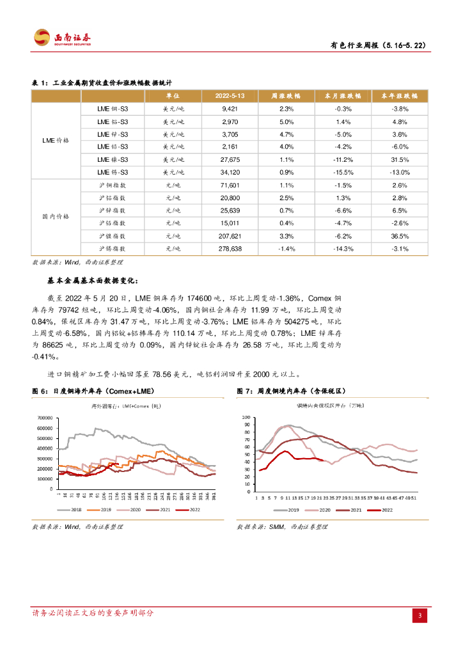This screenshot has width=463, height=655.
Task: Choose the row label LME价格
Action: click(55, 140)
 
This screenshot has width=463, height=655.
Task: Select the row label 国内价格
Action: click(55, 217)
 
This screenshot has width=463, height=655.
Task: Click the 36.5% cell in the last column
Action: click(400, 236)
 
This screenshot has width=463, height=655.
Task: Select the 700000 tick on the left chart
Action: click(45, 417)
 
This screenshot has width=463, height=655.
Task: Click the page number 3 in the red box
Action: click(420, 616)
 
